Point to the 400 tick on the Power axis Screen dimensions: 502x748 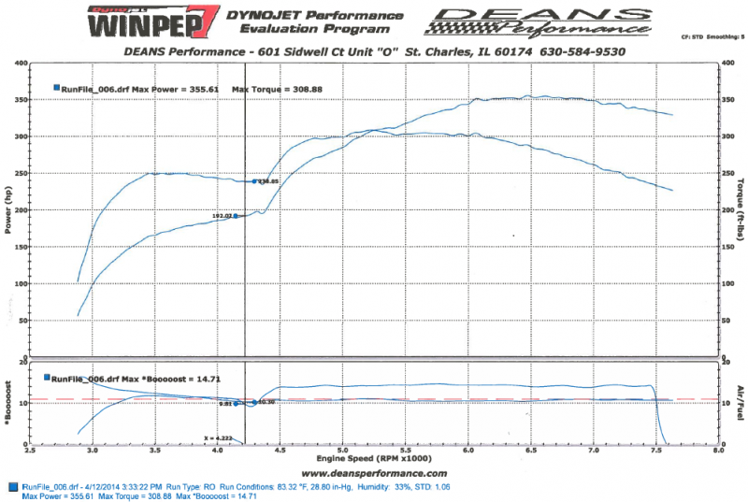coord(20,64)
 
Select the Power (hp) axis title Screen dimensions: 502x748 coord(7,210)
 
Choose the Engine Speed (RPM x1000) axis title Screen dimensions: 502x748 coord(375,460)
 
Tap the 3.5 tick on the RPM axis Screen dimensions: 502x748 coord(154,450)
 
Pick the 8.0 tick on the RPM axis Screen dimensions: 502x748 coord(717,450)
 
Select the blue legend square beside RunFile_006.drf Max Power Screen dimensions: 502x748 coord(57,87)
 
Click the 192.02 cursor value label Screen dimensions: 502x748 coord(222,216)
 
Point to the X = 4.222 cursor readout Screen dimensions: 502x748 coord(217,437)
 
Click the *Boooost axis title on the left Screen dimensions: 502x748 coord(7,403)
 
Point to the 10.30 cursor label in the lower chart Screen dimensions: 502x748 coord(266,402)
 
